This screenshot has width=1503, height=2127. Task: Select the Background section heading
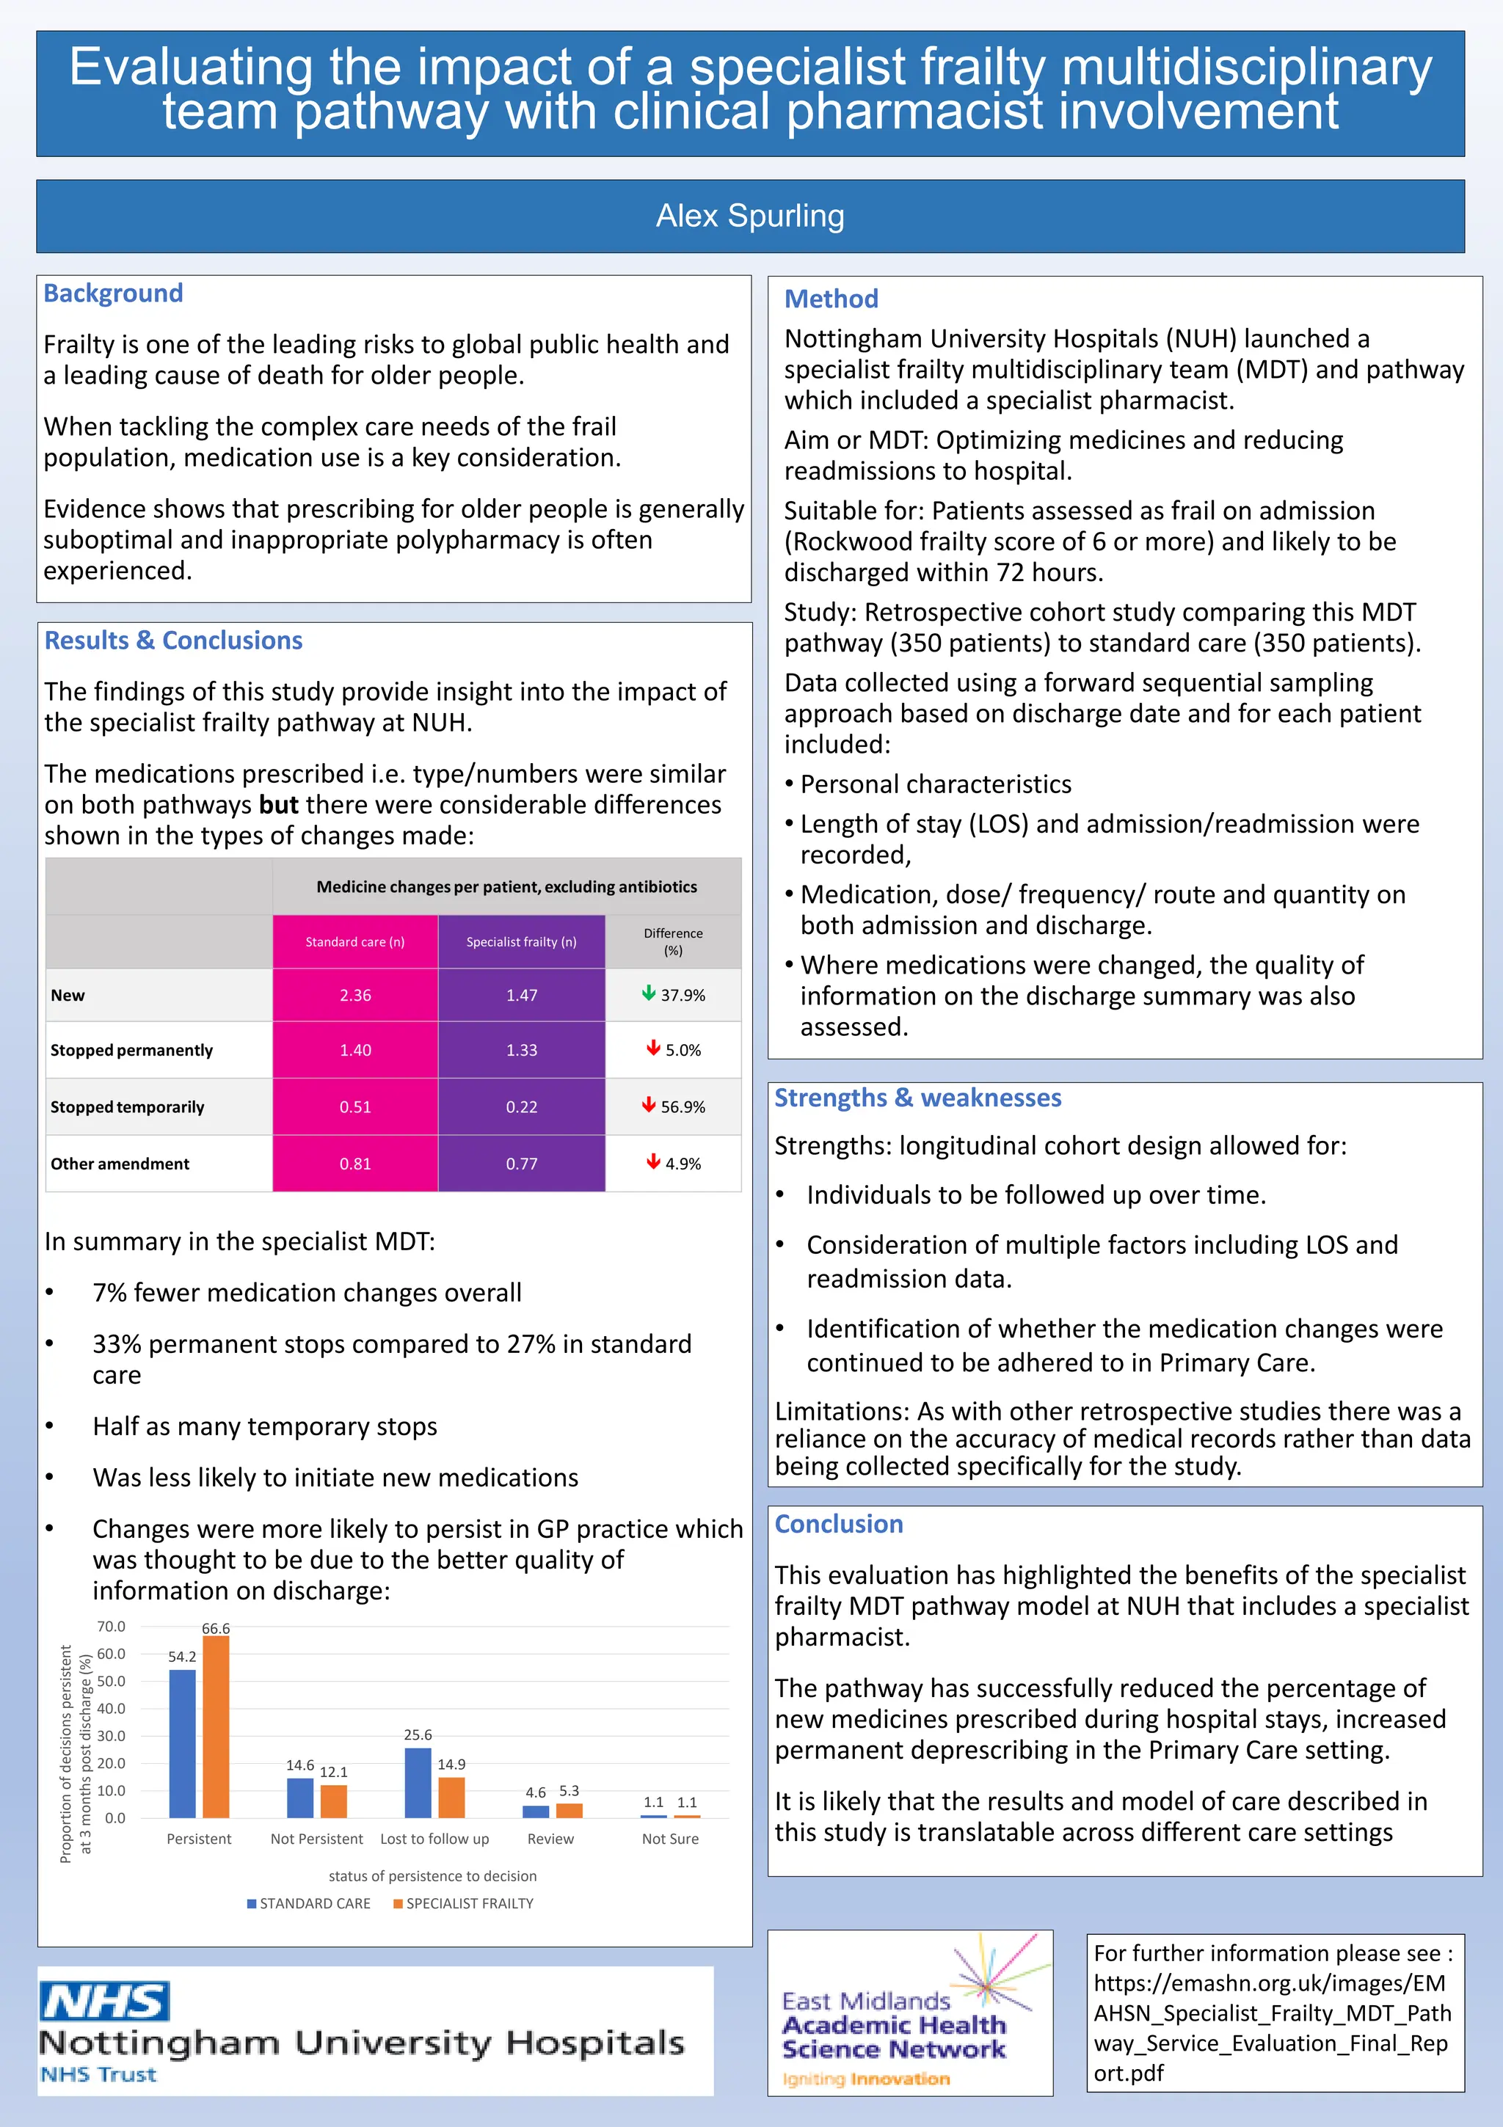pos(113,293)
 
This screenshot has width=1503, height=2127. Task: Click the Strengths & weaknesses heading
pos(917,1098)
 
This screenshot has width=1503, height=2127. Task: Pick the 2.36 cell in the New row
pos(355,995)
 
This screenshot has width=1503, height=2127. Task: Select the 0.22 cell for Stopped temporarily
pos(521,1107)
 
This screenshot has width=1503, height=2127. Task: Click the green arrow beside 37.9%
pos(649,994)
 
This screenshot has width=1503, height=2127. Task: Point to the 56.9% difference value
pos(683,1107)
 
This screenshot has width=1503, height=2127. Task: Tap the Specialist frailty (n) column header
pos(521,942)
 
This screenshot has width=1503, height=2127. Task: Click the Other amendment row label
pos(120,1164)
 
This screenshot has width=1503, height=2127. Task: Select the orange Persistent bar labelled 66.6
pos(216,1727)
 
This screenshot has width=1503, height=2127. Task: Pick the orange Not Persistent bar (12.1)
pos(334,1801)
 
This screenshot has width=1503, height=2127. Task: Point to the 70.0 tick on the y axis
pos(112,1627)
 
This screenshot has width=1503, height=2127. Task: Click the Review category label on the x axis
pos(550,1839)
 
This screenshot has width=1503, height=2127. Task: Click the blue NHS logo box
pos(105,2002)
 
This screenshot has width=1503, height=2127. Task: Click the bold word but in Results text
pos(278,805)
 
